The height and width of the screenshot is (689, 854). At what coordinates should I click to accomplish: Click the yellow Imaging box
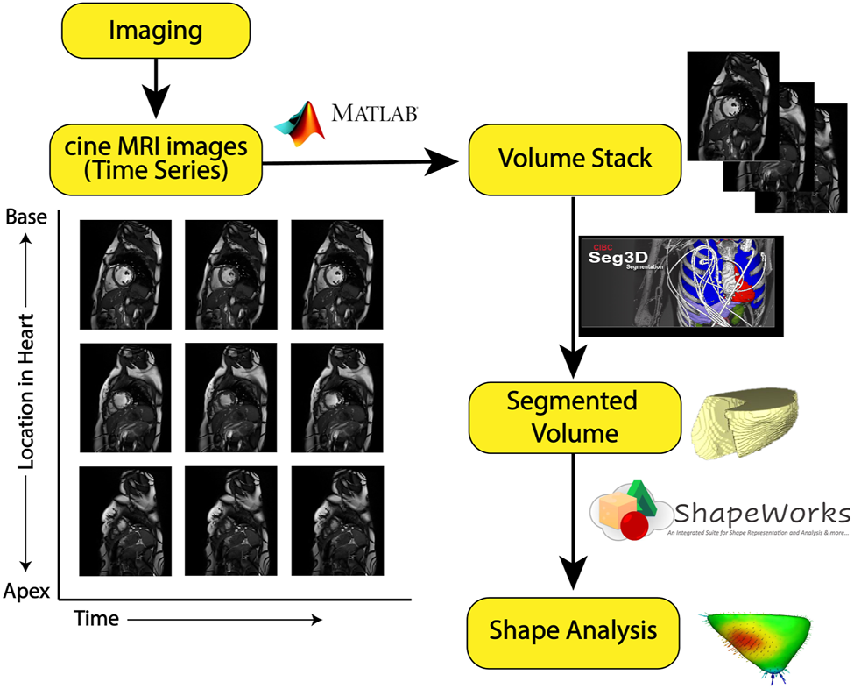pos(155,32)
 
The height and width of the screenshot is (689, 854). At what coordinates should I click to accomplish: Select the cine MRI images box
pos(155,159)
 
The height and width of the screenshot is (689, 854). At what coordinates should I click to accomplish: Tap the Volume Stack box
pos(575,159)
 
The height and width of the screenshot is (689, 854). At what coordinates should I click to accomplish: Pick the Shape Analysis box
pos(575,630)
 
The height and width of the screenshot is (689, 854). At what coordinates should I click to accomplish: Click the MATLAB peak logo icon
pos(300,123)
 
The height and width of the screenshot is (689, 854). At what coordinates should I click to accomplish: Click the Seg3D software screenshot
pos(681,286)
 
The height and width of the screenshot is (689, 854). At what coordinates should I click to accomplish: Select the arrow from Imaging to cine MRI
pos(155,88)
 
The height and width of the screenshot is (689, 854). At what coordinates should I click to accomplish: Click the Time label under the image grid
pos(96,619)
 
